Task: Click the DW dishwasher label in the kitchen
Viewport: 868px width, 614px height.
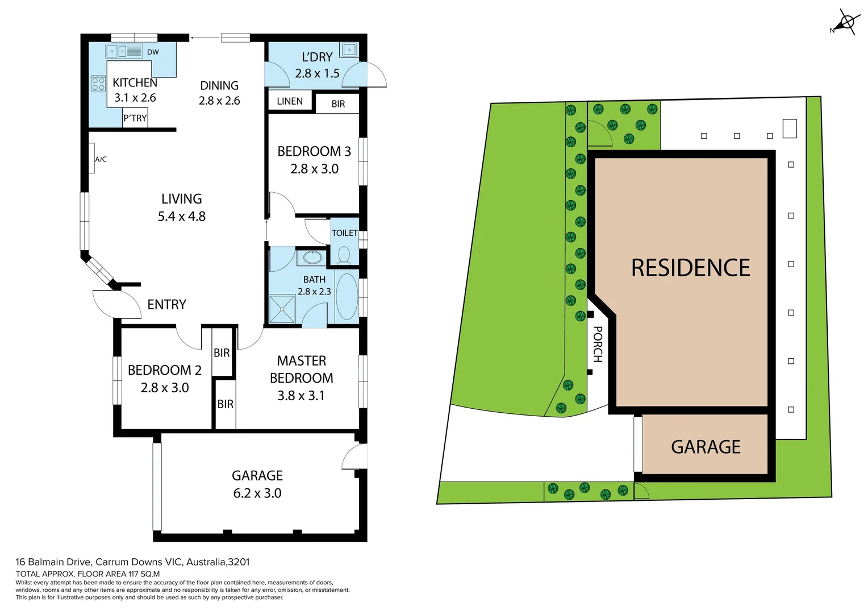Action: [x=153, y=52]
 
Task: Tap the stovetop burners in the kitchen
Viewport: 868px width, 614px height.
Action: [x=98, y=84]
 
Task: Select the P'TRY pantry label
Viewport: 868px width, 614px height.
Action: [x=135, y=118]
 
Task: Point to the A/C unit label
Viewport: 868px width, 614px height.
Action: [x=101, y=159]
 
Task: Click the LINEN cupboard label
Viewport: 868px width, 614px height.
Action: [x=290, y=101]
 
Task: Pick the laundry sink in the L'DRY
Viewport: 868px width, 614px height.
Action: [x=349, y=49]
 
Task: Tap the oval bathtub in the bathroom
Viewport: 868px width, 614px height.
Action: [x=347, y=296]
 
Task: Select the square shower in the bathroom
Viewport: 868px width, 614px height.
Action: [x=282, y=309]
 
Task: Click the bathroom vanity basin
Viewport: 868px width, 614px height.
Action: [x=312, y=258]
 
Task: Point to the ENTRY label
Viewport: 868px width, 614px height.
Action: [x=166, y=305]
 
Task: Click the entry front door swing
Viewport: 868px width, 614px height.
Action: [x=116, y=304]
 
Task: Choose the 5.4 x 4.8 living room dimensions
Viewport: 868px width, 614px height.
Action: [x=182, y=217]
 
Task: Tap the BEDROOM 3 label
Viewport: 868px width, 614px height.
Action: [x=314, y=152]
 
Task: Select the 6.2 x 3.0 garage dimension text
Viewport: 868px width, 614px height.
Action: [x=257, y=493]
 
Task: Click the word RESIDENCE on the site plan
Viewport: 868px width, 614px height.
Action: [x=691, y=268]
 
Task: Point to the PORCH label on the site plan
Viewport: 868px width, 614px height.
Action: [x=598, y=344]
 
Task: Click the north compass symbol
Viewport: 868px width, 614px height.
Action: [x=846, y=23]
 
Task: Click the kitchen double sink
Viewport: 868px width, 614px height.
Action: [x=118, y=52]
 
